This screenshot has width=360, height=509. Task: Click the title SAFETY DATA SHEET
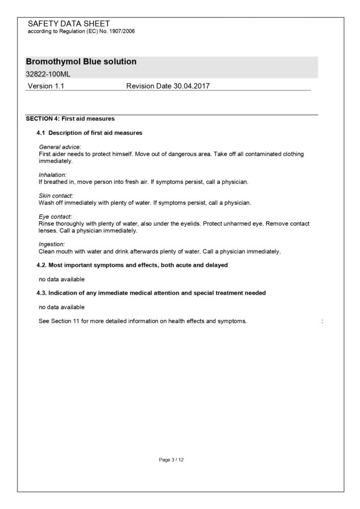click(69, 24)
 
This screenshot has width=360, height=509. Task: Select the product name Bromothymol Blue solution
click(81, 62)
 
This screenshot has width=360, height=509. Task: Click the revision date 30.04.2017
click(191, 86)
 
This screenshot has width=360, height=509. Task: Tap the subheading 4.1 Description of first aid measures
click(90, 133)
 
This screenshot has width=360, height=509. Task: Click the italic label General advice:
click(60, 148)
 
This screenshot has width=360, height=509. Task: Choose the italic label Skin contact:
click(56, 196)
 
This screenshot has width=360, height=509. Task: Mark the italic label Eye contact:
click(55, 217)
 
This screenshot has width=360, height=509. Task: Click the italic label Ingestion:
click(52, 244)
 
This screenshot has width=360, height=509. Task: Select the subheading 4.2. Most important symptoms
click(132, 265)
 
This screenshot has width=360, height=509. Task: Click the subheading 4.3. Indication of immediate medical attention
click(151, 293)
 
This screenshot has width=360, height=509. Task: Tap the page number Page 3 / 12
click(172, 460)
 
